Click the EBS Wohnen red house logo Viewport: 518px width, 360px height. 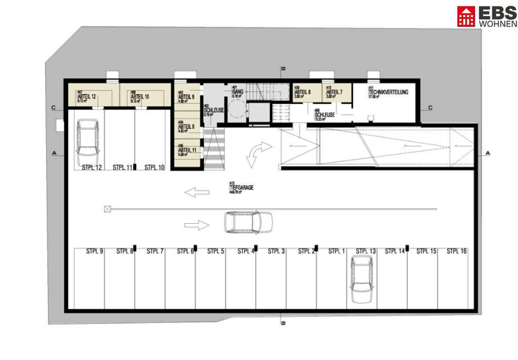[x=466, y=16]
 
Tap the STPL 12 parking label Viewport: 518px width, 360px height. [x=92, y=167]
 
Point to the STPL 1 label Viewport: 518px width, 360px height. [x=337, y=251]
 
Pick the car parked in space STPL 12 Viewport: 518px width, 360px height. [x=87, y=138]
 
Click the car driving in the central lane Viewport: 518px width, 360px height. [x=248, y=221]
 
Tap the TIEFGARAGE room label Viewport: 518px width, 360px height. [x=241, y=187]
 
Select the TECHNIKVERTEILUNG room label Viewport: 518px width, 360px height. [x=388, y=93]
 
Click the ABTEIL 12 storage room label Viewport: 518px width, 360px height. [x=87, y=96]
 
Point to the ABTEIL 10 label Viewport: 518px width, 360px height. [x=140, y=96]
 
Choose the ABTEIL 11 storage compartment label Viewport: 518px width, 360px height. [x=187, y=150]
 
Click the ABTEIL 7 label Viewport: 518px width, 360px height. [x=334, y=92]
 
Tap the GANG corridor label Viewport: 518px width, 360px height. [x=238, y=91]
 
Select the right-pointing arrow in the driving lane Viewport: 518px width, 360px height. [x=197, y=224]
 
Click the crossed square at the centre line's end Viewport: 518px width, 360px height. [x=107, y=209]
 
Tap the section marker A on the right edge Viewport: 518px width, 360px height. [x=488, y=153]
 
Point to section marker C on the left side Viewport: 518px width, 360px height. [x=53, y=107]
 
